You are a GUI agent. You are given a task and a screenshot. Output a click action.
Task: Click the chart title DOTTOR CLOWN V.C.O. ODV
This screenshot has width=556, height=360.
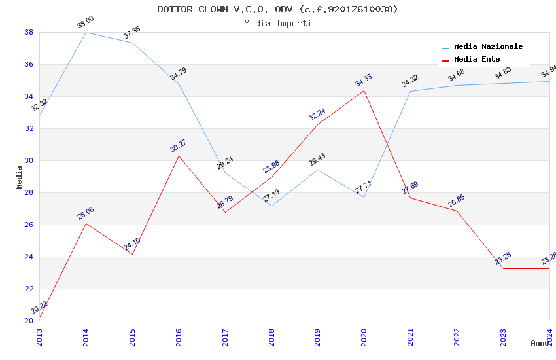coord(277,9)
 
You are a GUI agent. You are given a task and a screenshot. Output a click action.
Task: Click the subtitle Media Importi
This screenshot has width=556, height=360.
coord(277,23)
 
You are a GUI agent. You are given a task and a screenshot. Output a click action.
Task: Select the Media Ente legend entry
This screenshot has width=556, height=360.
coord(477,59)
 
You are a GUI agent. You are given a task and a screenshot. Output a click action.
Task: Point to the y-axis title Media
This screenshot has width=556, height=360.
coord(19,177)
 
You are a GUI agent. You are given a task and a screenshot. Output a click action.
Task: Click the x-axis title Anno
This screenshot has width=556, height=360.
coord(540,343)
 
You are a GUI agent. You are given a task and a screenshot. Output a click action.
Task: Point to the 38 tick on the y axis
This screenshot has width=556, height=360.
coord(29,32)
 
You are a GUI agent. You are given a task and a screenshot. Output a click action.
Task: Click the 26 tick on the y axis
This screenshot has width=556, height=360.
coord(29,225)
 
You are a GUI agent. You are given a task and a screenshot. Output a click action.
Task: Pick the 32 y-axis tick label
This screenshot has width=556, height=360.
coord(29,128)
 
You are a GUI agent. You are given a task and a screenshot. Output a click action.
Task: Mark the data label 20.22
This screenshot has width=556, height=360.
coord(39,308)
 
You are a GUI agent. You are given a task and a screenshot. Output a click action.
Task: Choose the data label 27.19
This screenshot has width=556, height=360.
coord(271,196)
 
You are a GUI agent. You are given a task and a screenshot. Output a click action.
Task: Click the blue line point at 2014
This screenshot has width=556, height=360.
coord(86,32)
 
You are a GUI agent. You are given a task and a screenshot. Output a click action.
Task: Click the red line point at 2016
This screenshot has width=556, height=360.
coord(179,156)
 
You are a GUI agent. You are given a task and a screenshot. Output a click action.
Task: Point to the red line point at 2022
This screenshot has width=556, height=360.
coord(457,211)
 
